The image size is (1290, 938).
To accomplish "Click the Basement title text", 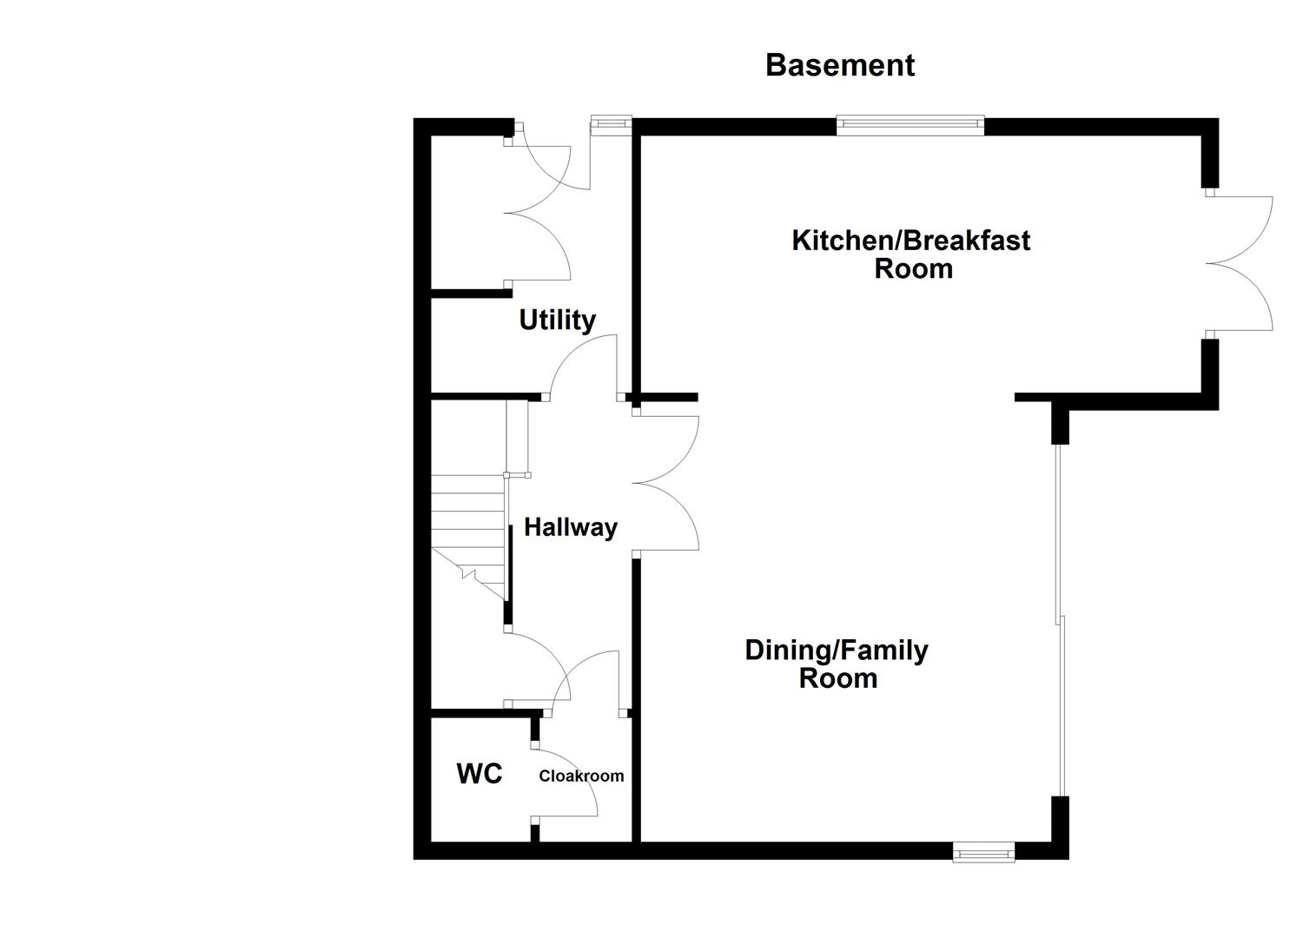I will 839,65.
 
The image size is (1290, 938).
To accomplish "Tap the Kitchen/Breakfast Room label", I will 910,254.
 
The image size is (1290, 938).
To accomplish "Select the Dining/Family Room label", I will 837,664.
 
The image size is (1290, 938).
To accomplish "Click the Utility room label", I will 557,320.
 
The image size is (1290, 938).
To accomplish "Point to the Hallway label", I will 570,527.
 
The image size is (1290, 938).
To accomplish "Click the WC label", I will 480,774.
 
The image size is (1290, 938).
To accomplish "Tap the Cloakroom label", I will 581,776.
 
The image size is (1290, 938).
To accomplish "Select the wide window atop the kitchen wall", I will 910,126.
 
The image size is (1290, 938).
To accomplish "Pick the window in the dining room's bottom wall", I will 983,853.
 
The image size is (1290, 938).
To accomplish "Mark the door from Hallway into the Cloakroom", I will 594,681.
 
